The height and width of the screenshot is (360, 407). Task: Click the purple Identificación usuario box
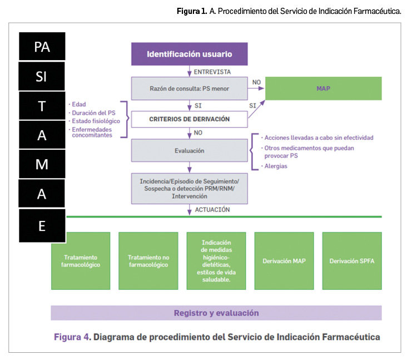pyautogui.click(x=189, y=54)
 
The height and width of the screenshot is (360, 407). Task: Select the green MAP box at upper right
pyautogui.click(x=323, y=88)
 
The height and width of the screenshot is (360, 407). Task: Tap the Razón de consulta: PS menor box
pyautogui.click(x=189, y=88)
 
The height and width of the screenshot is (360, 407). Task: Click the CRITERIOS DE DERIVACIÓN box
pyautogui.click(x=189, y=119)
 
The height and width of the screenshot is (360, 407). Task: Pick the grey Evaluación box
pyautogui.click(x=189, y=150)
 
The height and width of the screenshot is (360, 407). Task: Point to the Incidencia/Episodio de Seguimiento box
pyautogui.click(x=189, y=188)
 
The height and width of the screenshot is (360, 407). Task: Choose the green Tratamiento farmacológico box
pyautogui.click(x=80, y=261)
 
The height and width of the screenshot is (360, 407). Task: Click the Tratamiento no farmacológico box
pyautogui.click(x=148, y=261)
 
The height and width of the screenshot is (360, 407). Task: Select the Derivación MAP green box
pyautogui.click(x=284, y=261)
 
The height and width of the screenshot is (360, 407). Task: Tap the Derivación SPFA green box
pyautogui.click(x=351, y=261)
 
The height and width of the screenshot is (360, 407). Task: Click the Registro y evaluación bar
pyautogui.click(x=216, y=313)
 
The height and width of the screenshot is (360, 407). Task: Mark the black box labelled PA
pyautogui.click(x=42, y=46)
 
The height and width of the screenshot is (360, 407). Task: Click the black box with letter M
pyautogui.click(x=42, y=164)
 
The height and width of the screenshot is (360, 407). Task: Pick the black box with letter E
pyautogui.click(x=42, y=225)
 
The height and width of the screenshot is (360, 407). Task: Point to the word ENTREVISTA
pyautogui.click(x=212, y=72)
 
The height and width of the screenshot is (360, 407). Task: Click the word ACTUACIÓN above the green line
pyautogui.click(x=213, y=210)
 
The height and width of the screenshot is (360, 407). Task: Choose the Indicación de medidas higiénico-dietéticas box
pyautogui.click(x=216, y=261)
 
